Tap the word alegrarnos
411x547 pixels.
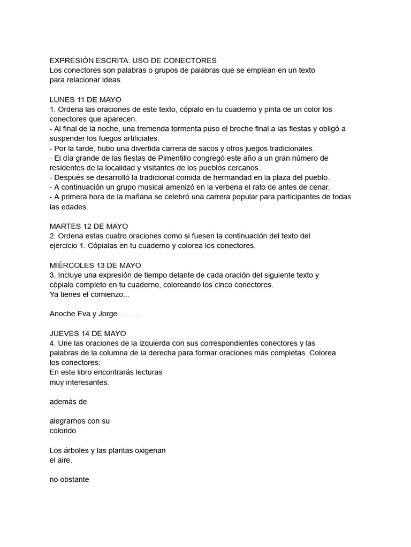[68, 421]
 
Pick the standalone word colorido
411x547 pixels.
[63, 431]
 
